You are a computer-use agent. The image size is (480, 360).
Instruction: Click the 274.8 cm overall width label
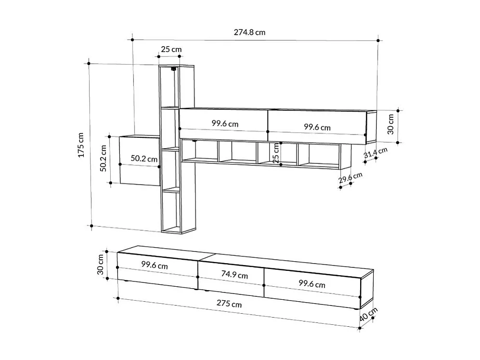(249, 33)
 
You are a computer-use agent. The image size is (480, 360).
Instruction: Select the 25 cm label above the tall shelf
(171, 49)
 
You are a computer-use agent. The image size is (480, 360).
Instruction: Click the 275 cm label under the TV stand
(230, 304)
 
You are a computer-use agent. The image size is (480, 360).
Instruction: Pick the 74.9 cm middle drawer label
(234, 275)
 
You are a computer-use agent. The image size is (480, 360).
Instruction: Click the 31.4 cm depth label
(376, 153)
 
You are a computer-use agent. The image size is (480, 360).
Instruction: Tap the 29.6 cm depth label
(350, 179)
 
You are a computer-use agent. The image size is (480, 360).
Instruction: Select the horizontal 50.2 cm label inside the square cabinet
(144, 159)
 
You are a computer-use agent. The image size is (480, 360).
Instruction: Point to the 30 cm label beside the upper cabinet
(390, 123)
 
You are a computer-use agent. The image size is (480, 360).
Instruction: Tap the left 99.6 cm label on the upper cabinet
(225, 123)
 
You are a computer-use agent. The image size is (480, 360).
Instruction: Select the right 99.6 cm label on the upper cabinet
(317, 127)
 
